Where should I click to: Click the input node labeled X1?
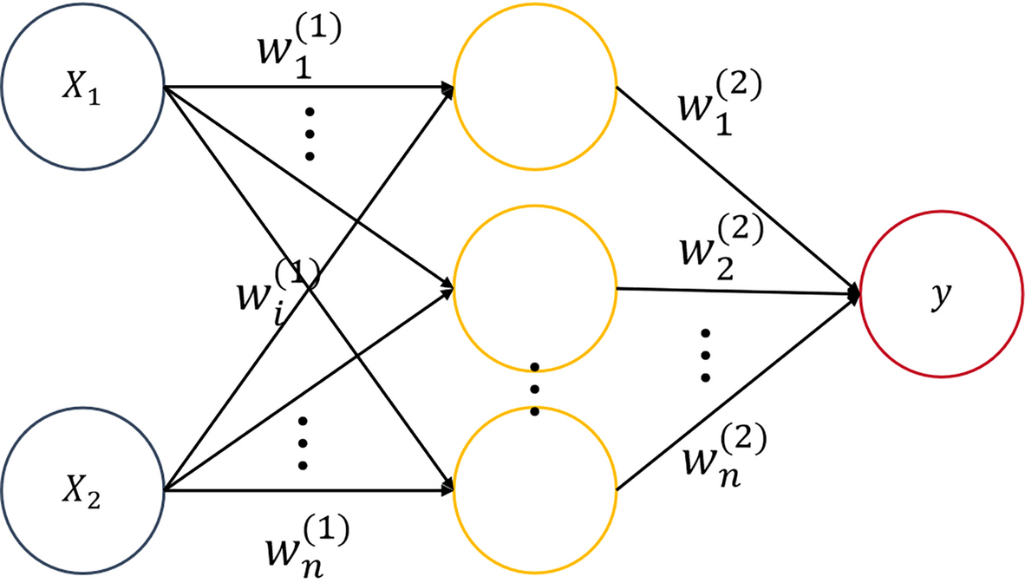click(x=82, y=88)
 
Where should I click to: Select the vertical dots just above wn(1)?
click(x=303, y=443)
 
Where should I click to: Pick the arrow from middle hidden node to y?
click(x=737, y=292)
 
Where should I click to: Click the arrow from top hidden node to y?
click(x=737, y=191)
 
